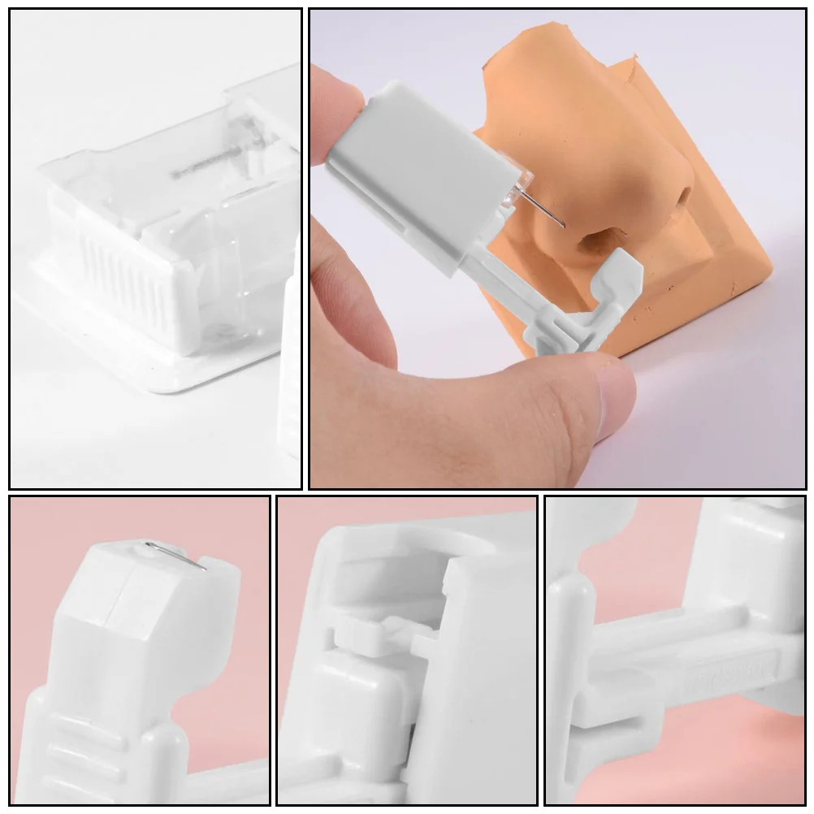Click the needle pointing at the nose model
click(541, 206)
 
